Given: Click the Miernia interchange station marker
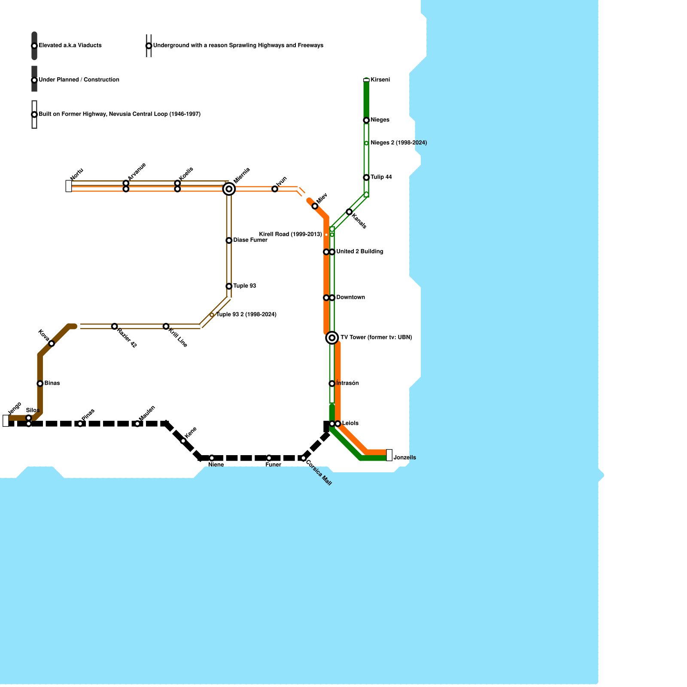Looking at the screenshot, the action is pos(229,189).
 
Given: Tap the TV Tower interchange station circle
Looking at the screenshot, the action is pos(332,338).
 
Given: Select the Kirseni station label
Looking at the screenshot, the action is pos(380,80).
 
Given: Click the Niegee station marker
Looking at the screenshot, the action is pos(366,120).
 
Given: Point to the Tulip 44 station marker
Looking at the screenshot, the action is pos(366,177).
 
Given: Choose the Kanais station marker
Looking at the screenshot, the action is pos(349,212).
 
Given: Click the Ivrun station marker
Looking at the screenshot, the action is pos(275,189).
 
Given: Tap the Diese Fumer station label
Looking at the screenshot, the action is pos(250,240).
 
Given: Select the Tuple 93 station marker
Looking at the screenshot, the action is pos(229,286).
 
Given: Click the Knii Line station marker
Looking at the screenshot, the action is pos(166,326).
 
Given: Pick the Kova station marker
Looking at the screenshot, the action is pos(52,343).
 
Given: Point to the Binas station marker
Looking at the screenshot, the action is pos(40,383).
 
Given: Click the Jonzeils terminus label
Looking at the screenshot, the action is pos(404,458).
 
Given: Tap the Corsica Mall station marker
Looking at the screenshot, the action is pos(303,458).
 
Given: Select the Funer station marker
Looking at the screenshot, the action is pos(269,458).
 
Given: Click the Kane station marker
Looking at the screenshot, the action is pos(183,441).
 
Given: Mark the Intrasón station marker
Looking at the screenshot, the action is pos(332,383).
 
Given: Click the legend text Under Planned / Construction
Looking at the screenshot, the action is pos(79,80).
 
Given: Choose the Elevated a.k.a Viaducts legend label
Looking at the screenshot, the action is pos(70,46).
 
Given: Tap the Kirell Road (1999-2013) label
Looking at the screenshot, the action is pos(290,234).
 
